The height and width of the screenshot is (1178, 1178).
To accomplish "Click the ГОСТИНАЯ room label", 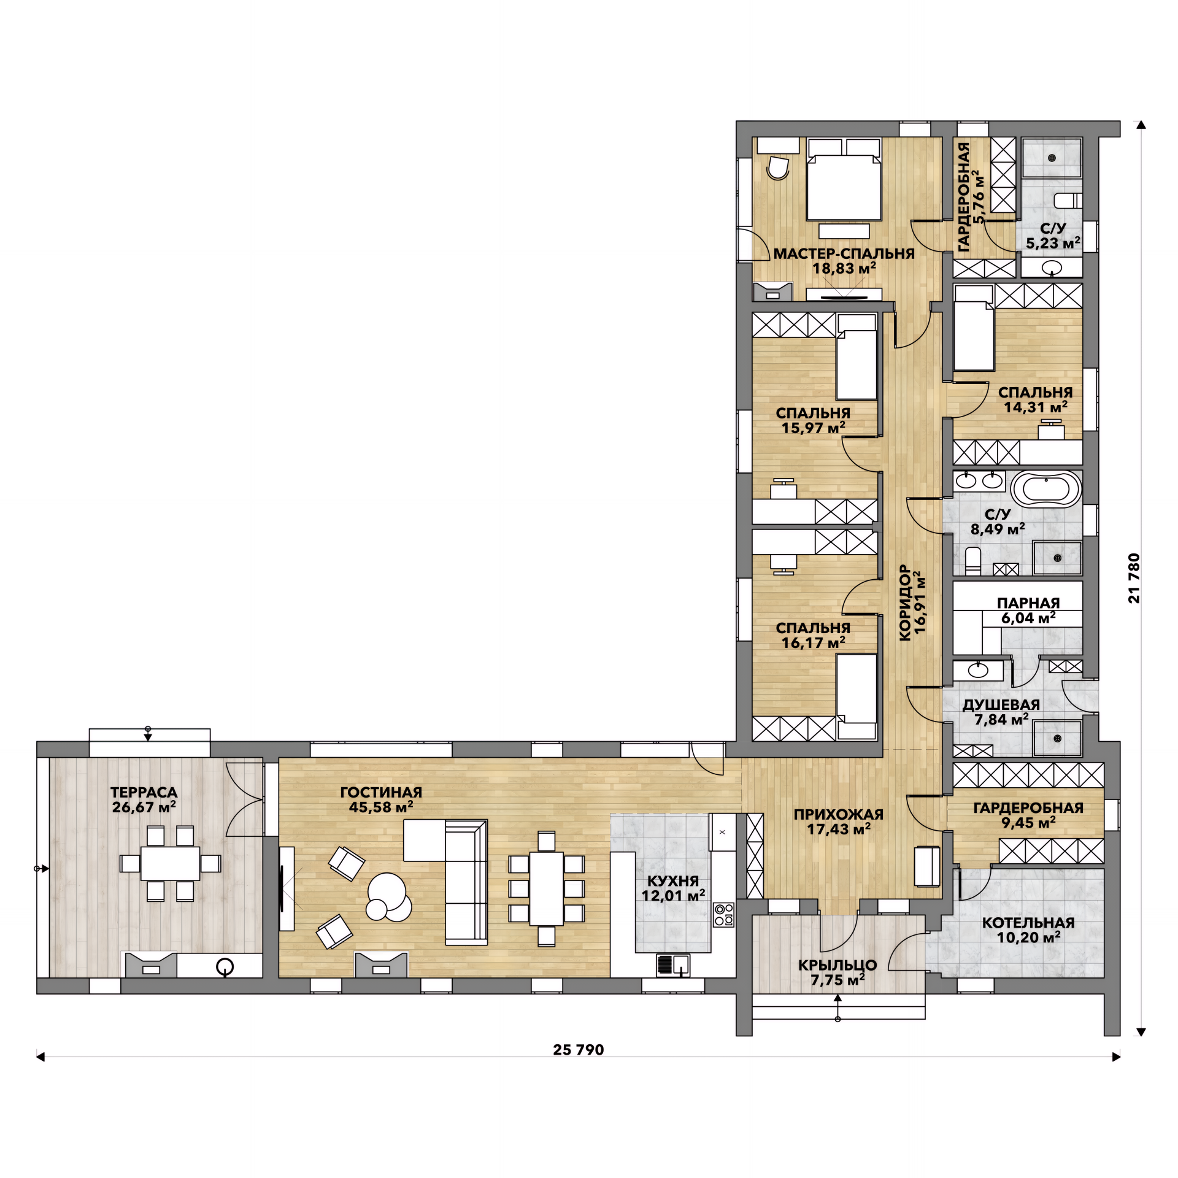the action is (x=381, y=792).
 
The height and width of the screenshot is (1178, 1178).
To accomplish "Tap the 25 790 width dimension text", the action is (x=578, y=1050).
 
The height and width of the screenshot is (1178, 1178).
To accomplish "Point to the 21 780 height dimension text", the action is (x=1134, y=578).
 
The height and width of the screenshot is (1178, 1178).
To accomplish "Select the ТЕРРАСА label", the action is (x=144, y=793).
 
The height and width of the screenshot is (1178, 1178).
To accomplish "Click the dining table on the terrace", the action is (x=171, y=863).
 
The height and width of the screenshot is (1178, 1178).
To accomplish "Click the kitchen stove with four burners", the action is (x=724, y=914).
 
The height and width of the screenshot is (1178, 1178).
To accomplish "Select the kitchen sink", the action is (x=673, y=965).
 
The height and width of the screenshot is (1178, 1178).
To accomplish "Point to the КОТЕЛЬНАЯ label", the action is (x=1028, y=923).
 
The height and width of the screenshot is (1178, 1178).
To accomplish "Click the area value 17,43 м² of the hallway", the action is (x=839, y=830).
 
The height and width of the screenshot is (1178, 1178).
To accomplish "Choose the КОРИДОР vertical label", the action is (x=905, y=603).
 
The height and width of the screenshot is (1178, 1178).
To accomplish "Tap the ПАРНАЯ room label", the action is (x=1028, y=603).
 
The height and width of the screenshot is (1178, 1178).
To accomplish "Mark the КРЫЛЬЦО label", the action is (x=837, y=965).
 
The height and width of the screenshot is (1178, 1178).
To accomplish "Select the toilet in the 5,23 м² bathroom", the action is (x=1067, y=200).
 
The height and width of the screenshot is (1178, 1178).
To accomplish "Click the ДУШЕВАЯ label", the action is (x=1001, y=705).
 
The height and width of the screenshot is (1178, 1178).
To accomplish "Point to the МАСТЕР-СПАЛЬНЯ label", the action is (x=844, y=253).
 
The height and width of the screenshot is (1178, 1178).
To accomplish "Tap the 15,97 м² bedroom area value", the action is (x=814, y=428).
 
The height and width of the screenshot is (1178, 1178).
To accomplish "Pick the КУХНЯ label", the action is (x=673, y=880).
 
